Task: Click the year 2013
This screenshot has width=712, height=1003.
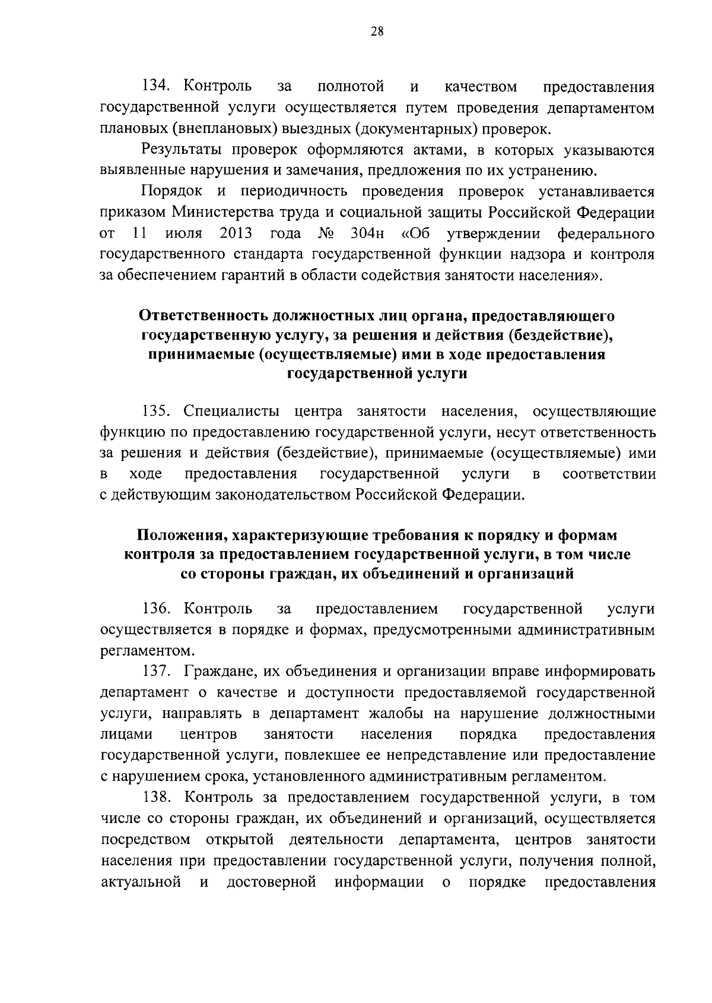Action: pos(236,233)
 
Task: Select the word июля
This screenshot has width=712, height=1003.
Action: pos(183,233)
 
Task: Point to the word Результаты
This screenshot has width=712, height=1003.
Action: pos(182,150)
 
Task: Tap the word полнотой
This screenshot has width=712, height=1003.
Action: pos(351,87)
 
